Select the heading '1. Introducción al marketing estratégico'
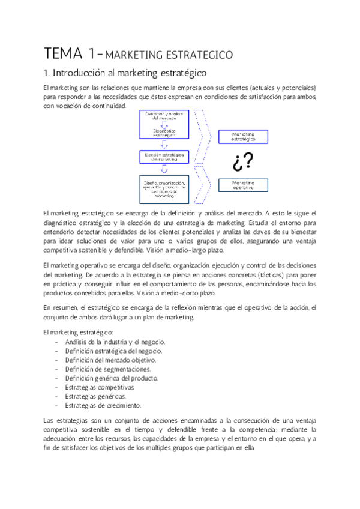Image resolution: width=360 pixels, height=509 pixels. (x=125, y=73)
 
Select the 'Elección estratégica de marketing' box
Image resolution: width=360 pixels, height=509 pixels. (x=164, y=157)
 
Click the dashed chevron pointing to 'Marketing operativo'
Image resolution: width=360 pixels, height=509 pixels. (x=203, y=185)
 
